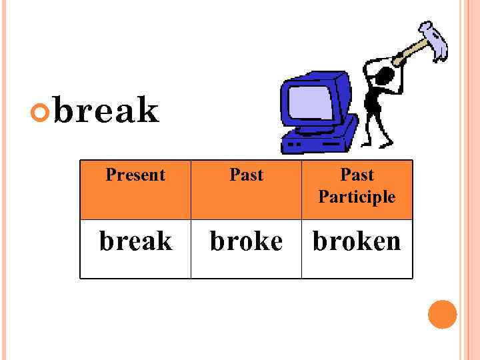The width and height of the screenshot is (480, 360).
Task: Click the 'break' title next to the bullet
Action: pos(107,111)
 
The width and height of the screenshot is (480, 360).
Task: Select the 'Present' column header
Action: pos(135,175)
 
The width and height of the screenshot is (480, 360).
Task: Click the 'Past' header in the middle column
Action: pos(246,175)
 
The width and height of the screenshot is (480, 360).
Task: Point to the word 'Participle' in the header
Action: pos(357,197)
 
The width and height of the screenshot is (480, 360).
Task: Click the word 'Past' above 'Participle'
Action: pos(357,175)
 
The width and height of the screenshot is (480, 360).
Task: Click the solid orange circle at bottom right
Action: pos(442,315)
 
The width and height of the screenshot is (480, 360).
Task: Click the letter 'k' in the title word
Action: pos(150,111)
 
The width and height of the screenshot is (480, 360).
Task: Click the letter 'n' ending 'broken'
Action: pos(392,241)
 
